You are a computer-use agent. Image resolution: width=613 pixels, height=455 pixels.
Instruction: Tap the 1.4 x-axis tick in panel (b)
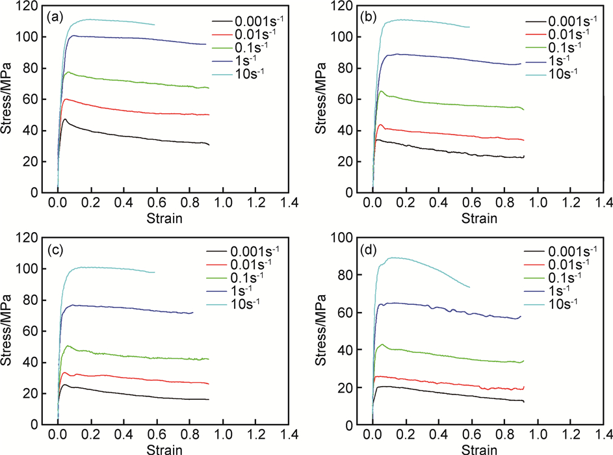tap(604, 203)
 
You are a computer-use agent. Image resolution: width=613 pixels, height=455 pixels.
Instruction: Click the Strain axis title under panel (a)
tap(164, 218)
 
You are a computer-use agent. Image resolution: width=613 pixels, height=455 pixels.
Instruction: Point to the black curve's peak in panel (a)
tap(65, 119)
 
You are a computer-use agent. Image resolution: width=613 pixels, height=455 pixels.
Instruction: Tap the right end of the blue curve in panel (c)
tap(193, 313)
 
